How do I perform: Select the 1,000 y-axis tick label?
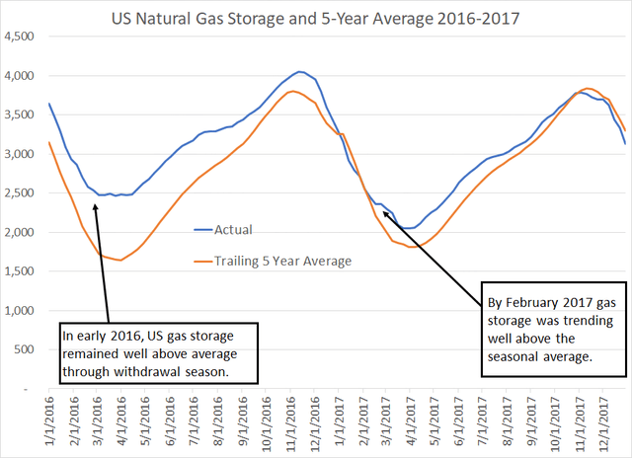(x=21, y=311)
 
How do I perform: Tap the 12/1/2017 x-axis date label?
(x=603, y=425)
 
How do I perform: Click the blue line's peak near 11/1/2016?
(x=299, y=71)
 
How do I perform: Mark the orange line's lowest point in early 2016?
(x=119, y=261)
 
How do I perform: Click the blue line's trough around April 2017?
(x=408, y=228)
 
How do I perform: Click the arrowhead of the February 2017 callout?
(x=385, y=210)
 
